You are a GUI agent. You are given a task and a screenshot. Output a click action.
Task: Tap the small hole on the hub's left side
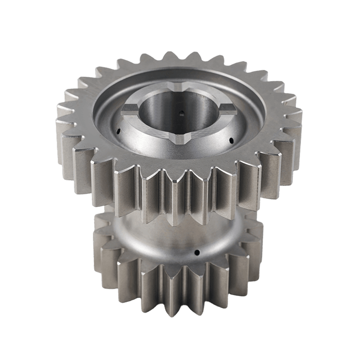pos(118,132)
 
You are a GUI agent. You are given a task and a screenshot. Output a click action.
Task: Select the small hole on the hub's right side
pos(230,139)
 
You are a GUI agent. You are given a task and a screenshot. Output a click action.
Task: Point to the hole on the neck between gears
pos(197,252)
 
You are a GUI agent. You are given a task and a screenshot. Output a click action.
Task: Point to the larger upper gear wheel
pos(261,148)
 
